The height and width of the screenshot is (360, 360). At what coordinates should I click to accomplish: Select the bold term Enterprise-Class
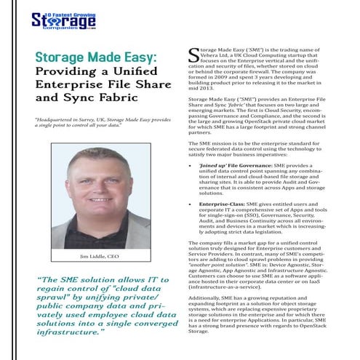[x=220, y=206]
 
